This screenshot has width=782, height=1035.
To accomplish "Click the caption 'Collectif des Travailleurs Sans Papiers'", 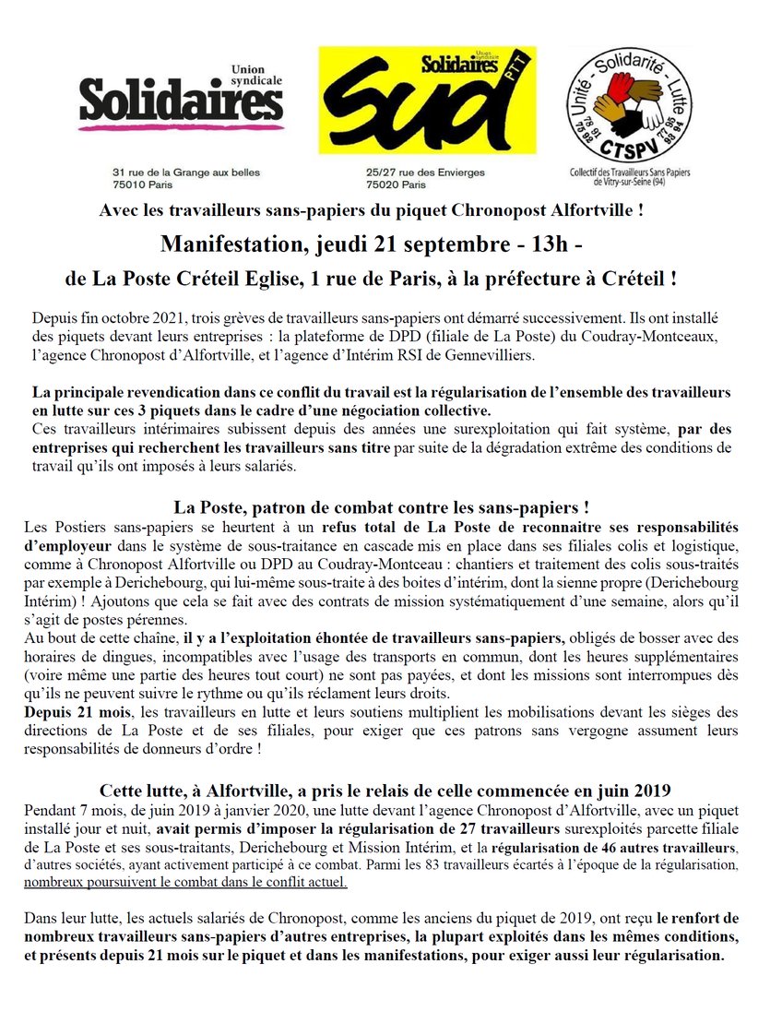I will (x=632, y=172).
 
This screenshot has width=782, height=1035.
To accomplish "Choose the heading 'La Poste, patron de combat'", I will (x=380, y=507).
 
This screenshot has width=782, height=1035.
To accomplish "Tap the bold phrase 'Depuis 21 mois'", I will (x=71, y=714).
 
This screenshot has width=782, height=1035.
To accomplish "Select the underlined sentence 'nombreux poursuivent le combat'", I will (x=197, y=881).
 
